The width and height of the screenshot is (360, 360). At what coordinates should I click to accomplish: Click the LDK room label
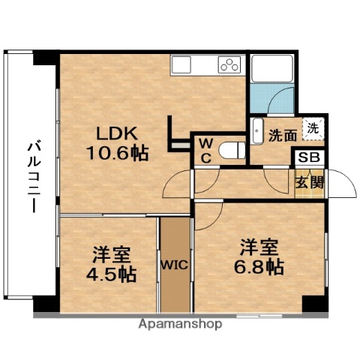(115, 134)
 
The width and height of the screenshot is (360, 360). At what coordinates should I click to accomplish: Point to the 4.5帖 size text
(110, 274)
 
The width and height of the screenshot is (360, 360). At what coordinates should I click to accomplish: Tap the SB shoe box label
(309, 158)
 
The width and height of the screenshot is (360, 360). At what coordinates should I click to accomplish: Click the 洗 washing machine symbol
(313, 128)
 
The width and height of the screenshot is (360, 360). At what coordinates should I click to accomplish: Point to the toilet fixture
(232, 150)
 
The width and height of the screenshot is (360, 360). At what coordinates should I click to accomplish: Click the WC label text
(204, 150)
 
